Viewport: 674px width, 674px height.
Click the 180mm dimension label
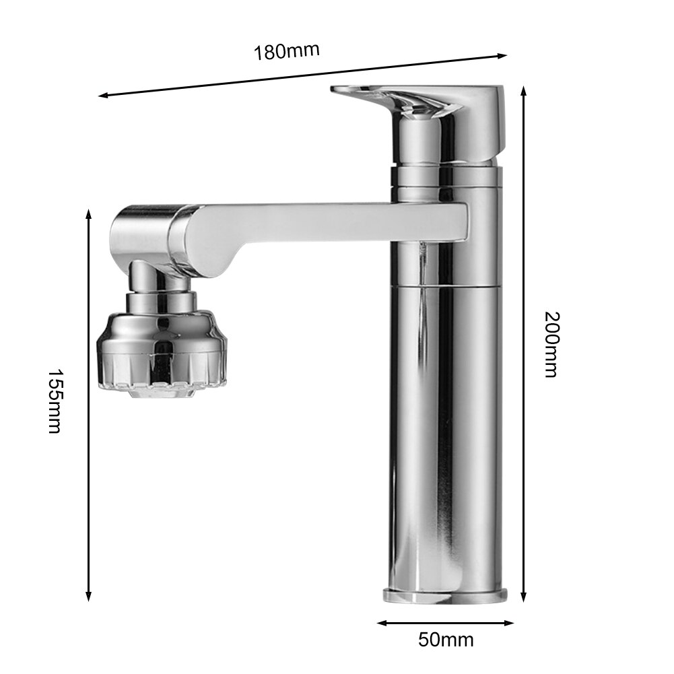point(286,50)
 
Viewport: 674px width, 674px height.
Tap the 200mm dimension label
point(551,343)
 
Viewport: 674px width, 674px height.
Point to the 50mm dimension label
point(446,639)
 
